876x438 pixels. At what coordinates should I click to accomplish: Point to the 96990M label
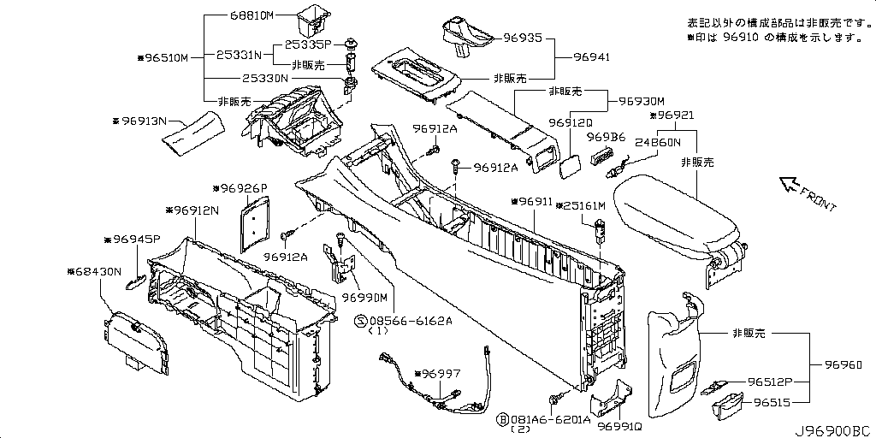point(365,297)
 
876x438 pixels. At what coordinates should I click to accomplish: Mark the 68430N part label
point(94,271)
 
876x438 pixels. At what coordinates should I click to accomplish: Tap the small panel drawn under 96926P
point(252,221)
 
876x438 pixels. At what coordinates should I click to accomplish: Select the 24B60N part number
point(658,143)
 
